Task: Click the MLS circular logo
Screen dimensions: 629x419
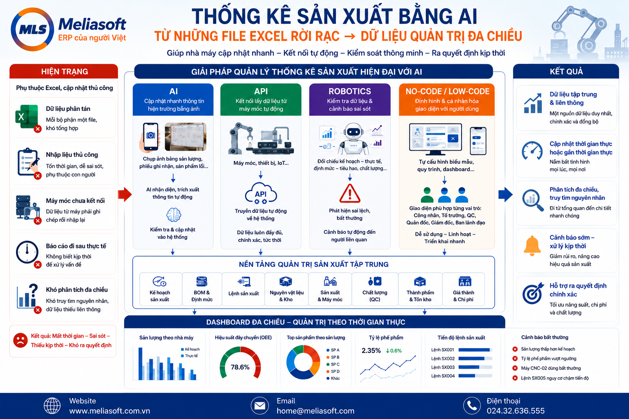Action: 32,29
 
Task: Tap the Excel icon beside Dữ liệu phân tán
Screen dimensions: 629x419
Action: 27,117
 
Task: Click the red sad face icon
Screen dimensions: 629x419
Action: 20,340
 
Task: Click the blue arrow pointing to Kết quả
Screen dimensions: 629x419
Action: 505,194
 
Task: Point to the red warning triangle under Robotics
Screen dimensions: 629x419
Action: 350,194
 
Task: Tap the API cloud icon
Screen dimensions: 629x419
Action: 261,193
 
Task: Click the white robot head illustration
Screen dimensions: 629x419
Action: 353,132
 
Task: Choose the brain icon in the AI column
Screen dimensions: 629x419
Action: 174,215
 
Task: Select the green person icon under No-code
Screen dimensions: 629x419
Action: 427,195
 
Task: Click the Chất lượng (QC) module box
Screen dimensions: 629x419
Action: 375,289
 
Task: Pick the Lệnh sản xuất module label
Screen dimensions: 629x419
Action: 244,293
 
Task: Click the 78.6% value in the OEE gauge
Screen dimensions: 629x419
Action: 240,367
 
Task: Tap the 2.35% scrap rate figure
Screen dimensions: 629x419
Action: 371,351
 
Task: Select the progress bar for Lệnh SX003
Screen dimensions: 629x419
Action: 475,367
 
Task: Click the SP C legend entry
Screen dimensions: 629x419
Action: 333,364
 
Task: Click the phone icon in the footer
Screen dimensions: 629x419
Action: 472,405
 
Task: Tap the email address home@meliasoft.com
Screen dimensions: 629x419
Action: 315,411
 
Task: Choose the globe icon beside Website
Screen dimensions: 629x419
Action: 52,405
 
